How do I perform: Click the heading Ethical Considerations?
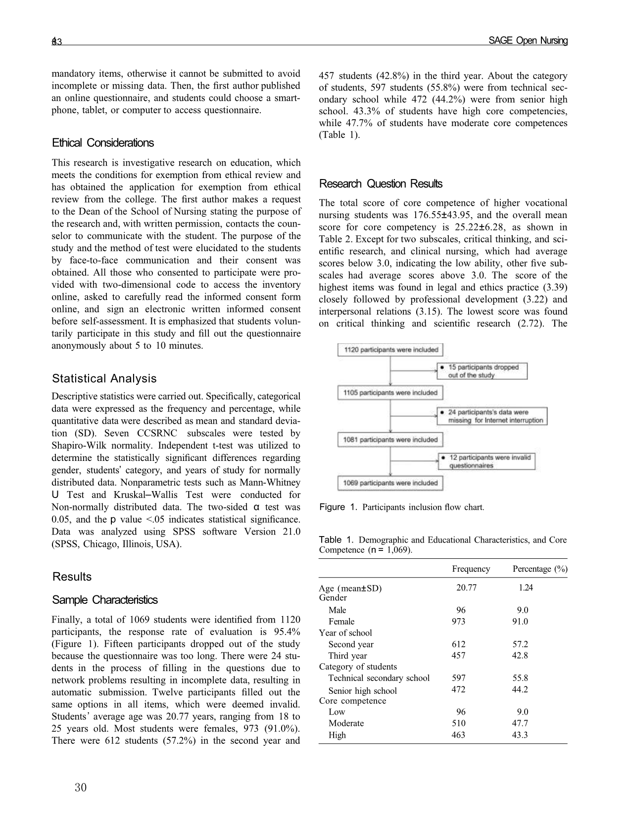pyautogui.click(x=103, y=143)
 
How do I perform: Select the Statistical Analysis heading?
pyautogui.click(x=104, y=378)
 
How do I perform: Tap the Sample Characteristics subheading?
pyautogui.click(x=105, y=600)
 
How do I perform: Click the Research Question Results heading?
pyautogui.click(x=381, y=184)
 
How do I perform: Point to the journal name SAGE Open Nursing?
pyautogui.click(x=528, y=41)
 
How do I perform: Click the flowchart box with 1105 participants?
pyautogui.click(x=390, y=393)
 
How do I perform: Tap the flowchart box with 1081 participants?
pyautogui.click(x=390, y=440)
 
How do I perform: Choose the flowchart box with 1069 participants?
pyautogui.click(x=390, y=483)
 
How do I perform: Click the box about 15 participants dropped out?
pyautogui.click(x=482, y=371)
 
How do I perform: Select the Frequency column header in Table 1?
pyautogui.click(x=471, y=569)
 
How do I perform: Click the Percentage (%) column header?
pyautogui.click(x=539, y=569)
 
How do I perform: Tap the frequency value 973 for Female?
pyautogui.click(x=459, y=622)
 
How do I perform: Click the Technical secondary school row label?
pyautogui.click(x=379, y=678)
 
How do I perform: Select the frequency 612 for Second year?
pyautogui.click(x=459, y=644)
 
